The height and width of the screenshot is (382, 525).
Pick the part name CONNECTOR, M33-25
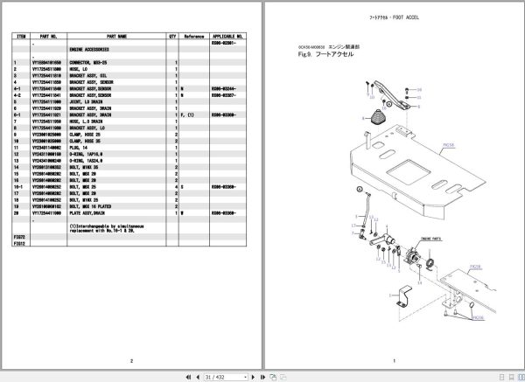(x=91, y=64)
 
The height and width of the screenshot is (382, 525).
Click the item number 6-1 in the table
(x=18, y=112)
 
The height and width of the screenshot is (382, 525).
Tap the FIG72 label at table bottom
(x=19, y=240)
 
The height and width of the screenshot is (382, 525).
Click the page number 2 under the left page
(x=130, y=359)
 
